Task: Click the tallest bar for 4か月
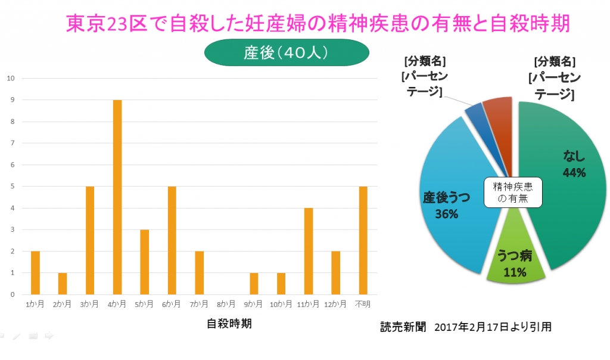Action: point(117,197)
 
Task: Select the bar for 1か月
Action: point(35,272)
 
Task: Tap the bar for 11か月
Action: point(309,250)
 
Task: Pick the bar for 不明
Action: point(363,240)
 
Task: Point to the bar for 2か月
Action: point(63,283)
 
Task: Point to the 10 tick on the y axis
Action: point(10,78)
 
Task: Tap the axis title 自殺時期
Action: point(229,324)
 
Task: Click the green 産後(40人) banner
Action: point(287,53)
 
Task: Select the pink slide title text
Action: point(318,24)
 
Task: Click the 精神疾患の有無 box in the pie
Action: point(513,192)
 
